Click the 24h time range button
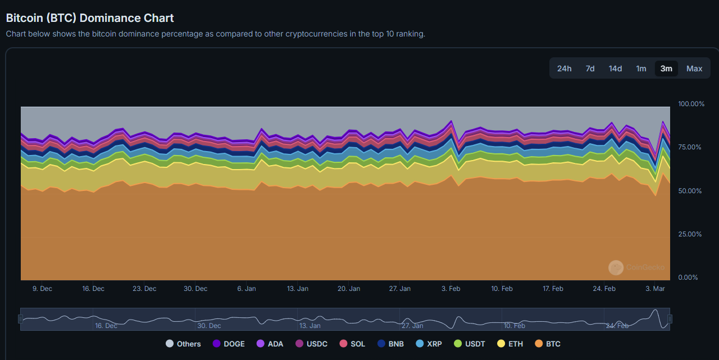point(564,69)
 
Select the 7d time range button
point(590,69)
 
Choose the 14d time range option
point(615,69)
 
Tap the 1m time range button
point(641,69)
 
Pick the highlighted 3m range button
point(666,69)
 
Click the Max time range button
point(694,69)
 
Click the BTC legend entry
point(548,344)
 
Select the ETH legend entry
point(510,344)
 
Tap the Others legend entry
point(183,344)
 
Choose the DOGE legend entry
point(229,344)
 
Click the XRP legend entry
point(429,344)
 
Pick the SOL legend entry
point(352,344)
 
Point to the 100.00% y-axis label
point(691,104)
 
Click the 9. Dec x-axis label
point(42,289)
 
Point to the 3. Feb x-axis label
point(450,289)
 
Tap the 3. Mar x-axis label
point(655,289)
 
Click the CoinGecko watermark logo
point(616,267)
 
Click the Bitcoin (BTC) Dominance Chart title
point(90,18)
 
